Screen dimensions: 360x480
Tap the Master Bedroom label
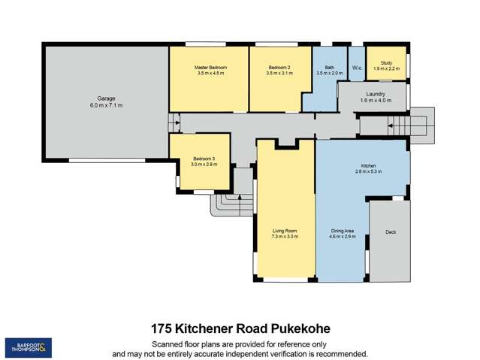tap(210, 68)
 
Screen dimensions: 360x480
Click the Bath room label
tap(329, 68)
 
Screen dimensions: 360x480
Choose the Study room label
tap(387, 63)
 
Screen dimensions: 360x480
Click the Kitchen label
tap(368, 166)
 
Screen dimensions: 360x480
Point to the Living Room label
tap(285, 231)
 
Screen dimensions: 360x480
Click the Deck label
tap(391, 232)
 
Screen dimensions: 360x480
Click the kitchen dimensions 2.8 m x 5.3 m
tap(368, 172)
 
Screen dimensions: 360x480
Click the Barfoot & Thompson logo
tap(29, 347)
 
